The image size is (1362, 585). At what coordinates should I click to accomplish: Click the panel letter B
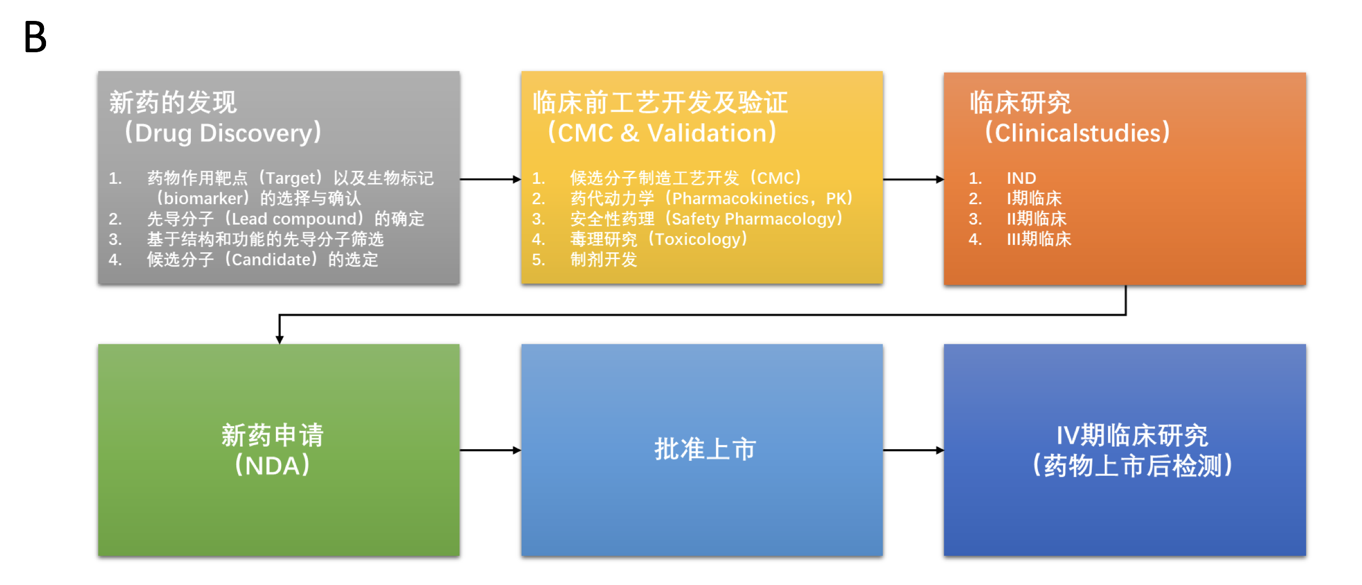coord(36,37)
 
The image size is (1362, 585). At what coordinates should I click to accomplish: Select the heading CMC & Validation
coord(662,133)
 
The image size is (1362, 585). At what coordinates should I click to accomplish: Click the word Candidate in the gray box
coord(271,260)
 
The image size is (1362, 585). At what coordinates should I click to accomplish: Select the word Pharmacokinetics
coord(740,198)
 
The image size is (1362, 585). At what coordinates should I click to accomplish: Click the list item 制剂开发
coord(603,260)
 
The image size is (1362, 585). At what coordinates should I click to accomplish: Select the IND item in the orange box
coord(1021,178)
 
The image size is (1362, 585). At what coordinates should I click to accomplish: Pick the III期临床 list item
coord(1038,239)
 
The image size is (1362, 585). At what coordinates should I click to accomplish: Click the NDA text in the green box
coord(272,466)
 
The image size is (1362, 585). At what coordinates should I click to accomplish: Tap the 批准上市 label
coord(706,450)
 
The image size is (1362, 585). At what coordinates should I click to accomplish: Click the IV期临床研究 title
coord(1132,436)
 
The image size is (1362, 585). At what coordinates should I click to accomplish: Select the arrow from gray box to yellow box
coord(490,179)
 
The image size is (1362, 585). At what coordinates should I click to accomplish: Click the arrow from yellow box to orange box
coord(913,179)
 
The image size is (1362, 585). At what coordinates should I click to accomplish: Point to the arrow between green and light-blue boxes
coord(490,450)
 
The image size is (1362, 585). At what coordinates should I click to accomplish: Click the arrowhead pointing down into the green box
coord(280,340)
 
